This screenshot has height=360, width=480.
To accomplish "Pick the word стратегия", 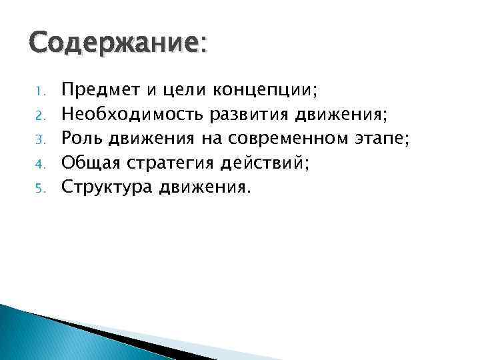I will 171,162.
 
